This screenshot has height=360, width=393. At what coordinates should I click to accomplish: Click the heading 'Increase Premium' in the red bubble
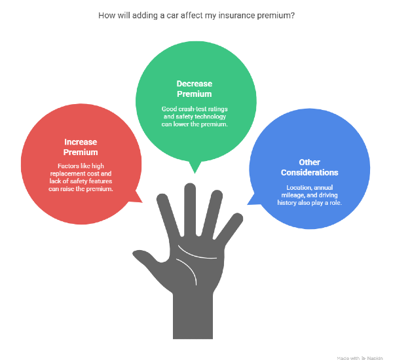point(81,147)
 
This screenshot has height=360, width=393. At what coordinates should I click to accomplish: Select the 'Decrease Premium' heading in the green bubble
point(195,88)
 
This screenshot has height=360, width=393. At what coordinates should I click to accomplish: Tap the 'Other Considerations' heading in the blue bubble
point(310,168)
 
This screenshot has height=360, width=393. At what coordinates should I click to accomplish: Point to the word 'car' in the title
point(172,16)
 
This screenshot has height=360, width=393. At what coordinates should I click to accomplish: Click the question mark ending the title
point(293,16)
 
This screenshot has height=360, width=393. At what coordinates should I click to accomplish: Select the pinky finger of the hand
point(229,226)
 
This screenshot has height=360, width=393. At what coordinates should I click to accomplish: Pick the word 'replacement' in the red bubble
point(67,173)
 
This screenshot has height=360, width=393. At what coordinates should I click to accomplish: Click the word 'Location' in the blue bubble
point(297,188)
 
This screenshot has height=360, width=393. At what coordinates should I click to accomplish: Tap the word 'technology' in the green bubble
point(210,117)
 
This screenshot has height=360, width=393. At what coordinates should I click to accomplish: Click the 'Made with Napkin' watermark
point(360,358)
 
